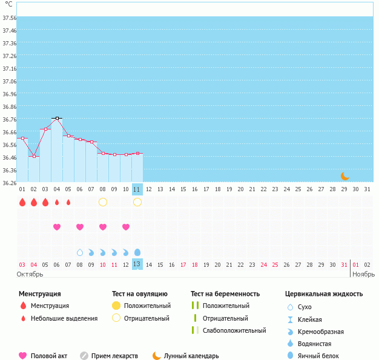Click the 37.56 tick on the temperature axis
point(9,18)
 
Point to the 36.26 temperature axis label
point(9,183)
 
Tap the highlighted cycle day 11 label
point(137,189)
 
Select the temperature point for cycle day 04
point(57,118)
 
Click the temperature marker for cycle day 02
point(34,157)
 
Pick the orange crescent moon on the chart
point(344,176)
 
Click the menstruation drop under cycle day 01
point(22,202)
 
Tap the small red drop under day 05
point(68,202)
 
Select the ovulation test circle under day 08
point(103,202)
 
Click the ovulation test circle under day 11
point(137,202)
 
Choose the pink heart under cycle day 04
point(57,227)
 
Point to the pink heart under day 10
point(126,227)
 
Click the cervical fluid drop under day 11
point(137,252)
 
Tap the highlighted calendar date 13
point(137,264)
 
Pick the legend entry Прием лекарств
point(114,356)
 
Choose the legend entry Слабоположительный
point(234,330)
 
